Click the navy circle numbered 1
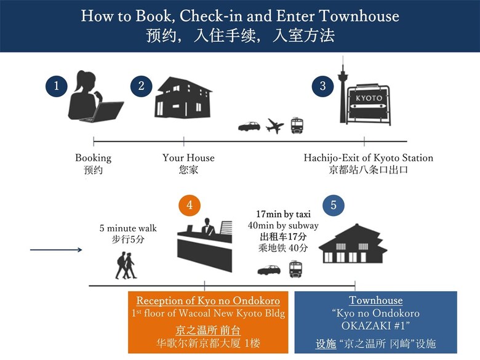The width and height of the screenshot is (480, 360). point(57,86)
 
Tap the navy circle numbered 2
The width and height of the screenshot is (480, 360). point(141,86)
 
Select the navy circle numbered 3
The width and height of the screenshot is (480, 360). point(322,86)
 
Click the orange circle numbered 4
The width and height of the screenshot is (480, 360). point(190,205)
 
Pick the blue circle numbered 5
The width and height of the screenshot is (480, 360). point(334,205)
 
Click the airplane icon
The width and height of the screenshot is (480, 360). point(274,126)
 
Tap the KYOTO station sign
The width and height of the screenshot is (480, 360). point(369,103)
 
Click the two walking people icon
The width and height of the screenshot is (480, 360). point(126,265)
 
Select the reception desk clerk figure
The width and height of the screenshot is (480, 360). point(207,226)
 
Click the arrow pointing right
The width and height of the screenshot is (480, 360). point(56,250)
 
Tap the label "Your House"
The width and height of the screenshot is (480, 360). point(188,158)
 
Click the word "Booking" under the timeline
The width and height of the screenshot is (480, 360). point(94,158)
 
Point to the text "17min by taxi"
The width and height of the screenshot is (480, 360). point(283,214)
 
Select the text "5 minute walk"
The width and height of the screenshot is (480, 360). point(128,228)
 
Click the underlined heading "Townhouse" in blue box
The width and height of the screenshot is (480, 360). point(375,300)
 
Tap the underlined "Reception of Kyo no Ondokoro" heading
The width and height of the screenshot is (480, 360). point(208,300)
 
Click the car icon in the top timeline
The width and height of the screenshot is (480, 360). point(249,126)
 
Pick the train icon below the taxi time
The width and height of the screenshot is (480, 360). point(296,269)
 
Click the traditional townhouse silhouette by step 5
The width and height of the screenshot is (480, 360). point(353,243)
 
